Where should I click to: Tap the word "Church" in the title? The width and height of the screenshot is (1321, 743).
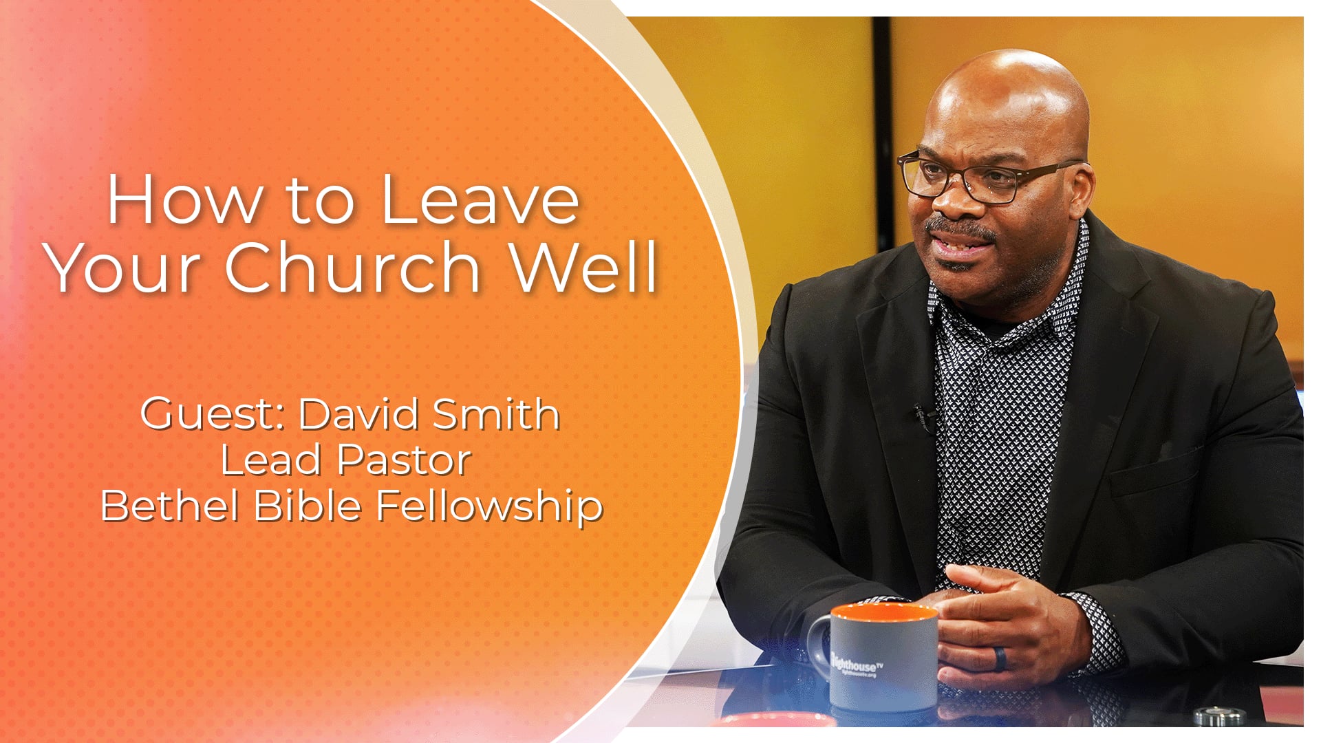(352, 267)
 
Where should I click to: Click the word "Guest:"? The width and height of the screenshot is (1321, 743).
(213, 415)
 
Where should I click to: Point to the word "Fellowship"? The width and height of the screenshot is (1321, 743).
(489, 507)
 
